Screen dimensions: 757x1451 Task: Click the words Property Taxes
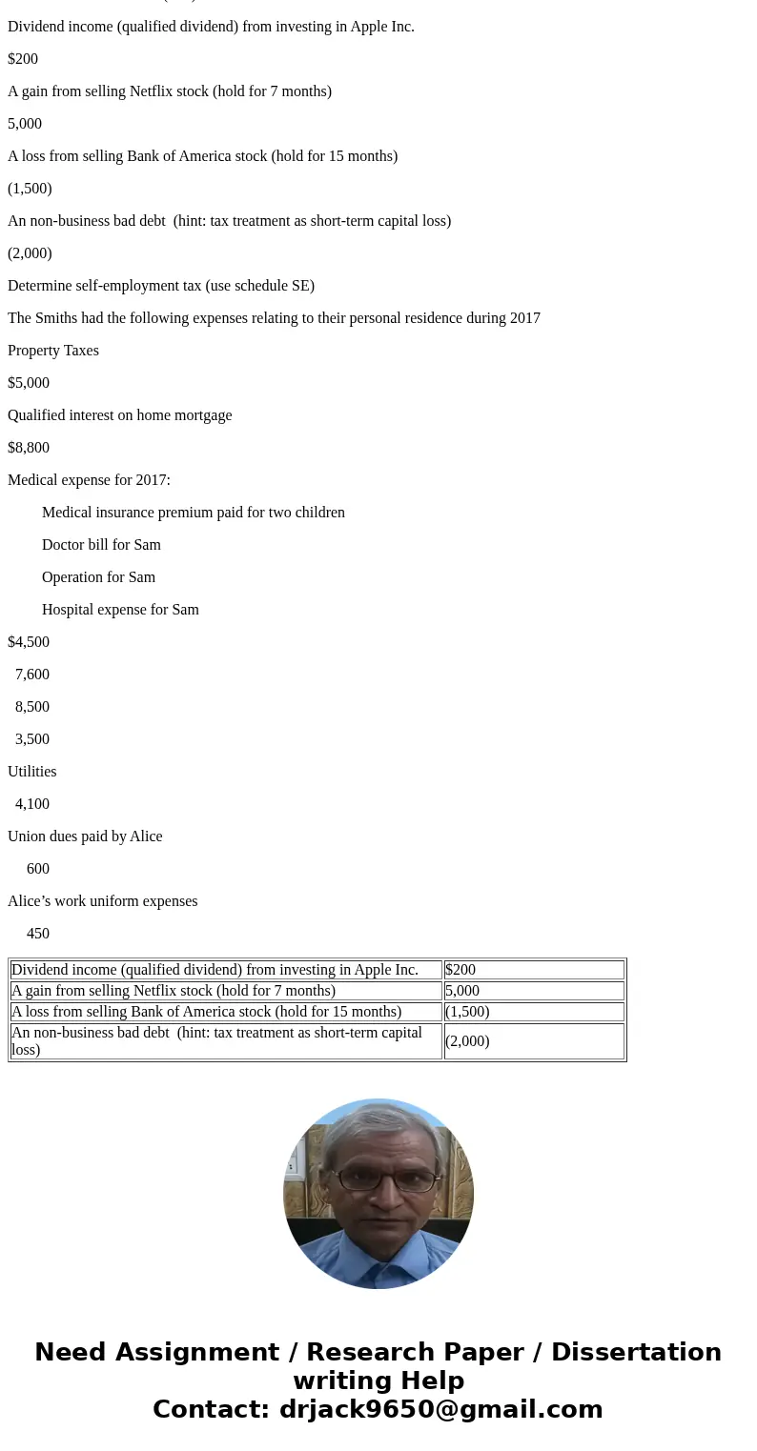[53, 351]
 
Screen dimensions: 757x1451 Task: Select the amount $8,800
[29, 448]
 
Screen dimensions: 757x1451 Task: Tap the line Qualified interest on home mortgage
[120, 415]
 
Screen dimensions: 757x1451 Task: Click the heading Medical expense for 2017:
[89, 480]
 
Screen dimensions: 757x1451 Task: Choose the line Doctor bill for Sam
[101, 545]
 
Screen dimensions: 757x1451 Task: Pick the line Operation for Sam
[98, 577]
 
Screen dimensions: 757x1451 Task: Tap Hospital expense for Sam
[120, 610]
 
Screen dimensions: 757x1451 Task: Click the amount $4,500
[29, 642]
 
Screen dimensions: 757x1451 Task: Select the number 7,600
[32, 675]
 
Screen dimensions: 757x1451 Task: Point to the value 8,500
[32, 707]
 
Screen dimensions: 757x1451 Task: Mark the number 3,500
[32, 739]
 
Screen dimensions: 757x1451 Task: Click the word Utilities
[32, 772]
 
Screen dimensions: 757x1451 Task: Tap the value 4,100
[32, 804]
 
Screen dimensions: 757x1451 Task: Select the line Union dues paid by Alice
[85, 836]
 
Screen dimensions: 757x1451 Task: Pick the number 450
[38, 934]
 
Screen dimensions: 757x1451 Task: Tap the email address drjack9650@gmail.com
[440, 1410]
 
